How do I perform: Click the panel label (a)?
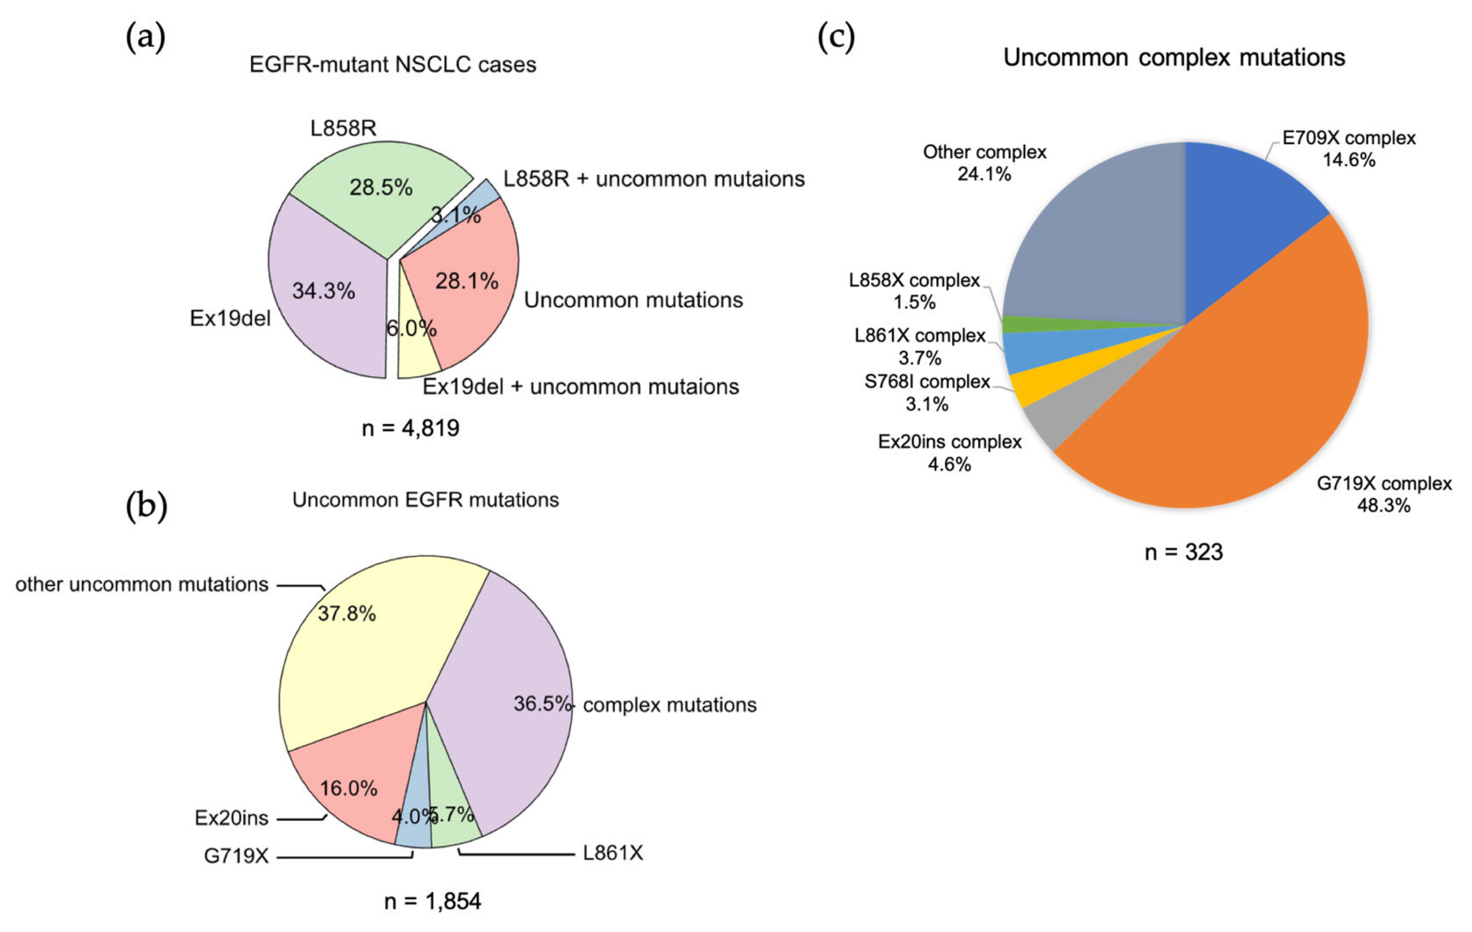point(146,38)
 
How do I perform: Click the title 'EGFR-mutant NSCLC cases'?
point(393,65)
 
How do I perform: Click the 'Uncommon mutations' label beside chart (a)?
point(633,300)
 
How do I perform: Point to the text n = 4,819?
point(410,428)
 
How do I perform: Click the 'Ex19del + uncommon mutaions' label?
point(581,387)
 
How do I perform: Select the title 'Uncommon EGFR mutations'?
point(425,500)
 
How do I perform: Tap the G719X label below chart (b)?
point(236,856)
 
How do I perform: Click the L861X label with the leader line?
point(613,852)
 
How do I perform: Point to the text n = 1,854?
point(432,901)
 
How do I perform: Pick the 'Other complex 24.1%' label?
point(984,163)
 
